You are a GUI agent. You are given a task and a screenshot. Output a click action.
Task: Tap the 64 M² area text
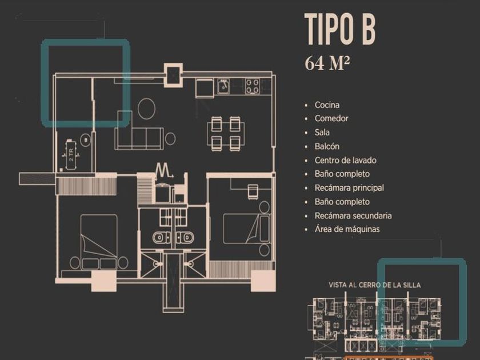click(327, 63)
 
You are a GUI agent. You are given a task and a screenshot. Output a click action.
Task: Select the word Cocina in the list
click(327, 105)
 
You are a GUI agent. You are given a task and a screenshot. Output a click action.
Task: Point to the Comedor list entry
click(331, 119)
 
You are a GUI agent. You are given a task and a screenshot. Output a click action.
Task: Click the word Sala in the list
click(322, 133)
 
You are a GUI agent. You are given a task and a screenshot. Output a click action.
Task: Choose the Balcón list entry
click(327, 146)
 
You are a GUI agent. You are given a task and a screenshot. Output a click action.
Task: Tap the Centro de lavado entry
click(345, 161)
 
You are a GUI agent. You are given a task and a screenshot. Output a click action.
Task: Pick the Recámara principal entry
click(349, 188)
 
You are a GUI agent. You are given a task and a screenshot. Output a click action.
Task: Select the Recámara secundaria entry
click(353, 215)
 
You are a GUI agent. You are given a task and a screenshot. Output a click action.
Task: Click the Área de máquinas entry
click(347, 230)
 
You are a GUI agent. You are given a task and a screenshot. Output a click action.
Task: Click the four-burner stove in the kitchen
click(252, 87)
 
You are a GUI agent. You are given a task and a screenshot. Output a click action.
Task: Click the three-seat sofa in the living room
click(138, 137)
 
